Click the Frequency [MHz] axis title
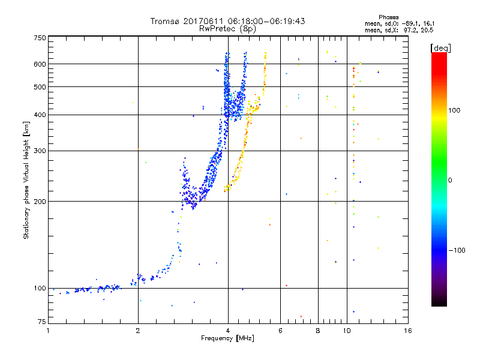tap(227, 338)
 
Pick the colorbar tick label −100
tap(457, 250)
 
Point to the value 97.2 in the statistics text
tap(413, 29)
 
